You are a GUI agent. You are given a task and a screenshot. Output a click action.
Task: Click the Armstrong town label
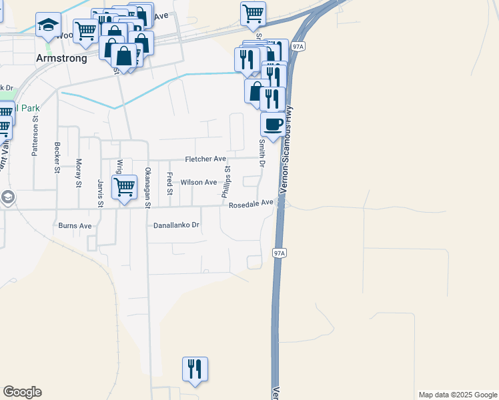[61, 58]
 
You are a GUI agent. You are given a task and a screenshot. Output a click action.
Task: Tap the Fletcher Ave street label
[205, 159]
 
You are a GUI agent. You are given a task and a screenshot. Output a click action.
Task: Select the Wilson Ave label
[199, 182]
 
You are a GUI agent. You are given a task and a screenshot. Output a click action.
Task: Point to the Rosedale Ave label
[251, 205]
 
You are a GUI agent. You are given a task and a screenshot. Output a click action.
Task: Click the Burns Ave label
[75, 226]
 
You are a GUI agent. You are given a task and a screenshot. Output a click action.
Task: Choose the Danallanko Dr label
[177, 225]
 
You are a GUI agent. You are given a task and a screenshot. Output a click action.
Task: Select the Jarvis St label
[100, 192]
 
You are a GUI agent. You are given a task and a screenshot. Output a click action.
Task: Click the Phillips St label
[227, 181]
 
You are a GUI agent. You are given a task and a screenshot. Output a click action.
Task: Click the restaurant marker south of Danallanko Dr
[195, 368]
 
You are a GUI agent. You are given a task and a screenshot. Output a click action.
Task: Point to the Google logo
[22, 391]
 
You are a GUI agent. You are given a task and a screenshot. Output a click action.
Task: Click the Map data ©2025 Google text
[457, 395]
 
